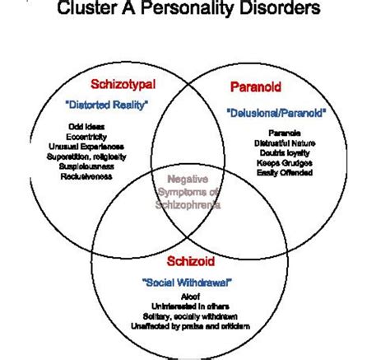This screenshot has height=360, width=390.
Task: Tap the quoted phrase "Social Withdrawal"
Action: [x=188, y=283]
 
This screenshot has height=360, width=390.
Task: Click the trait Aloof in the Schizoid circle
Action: [x=189, y=297]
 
